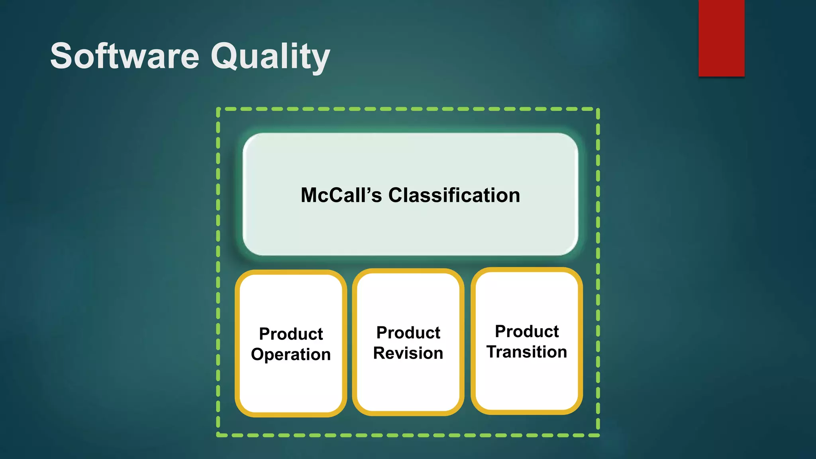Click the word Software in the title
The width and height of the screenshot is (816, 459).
[124, 56]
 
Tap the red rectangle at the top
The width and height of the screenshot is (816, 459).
[721, 38]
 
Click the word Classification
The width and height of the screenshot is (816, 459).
[454, 195]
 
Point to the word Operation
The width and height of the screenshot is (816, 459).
[291, 354]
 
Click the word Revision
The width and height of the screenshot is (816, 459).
[408, 353]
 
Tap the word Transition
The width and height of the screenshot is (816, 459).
[526, 352]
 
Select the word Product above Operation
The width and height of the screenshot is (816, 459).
[291, 334]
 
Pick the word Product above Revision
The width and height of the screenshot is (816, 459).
[408, 333]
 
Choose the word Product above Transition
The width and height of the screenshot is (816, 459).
[526, 331]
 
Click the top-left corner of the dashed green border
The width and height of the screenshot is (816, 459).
[218, 109]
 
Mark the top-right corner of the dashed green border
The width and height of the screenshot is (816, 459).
[598, 109]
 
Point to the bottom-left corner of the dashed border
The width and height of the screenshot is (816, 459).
[218, 435]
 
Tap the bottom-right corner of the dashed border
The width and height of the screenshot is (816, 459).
[598, 435]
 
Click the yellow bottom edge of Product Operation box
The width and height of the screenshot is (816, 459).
[291, 414]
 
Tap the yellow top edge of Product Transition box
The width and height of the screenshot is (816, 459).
[526, 270]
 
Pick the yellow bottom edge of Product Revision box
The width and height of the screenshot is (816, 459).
[408, 413]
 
